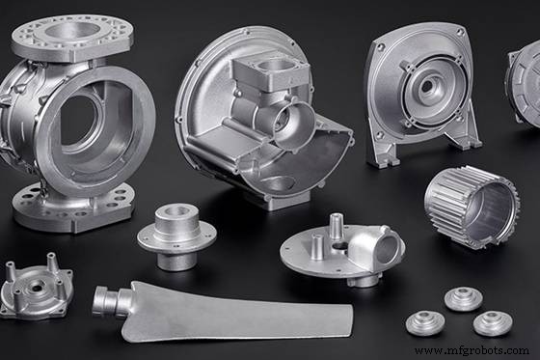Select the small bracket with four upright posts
[36, 287]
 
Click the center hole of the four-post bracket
[38, 286]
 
